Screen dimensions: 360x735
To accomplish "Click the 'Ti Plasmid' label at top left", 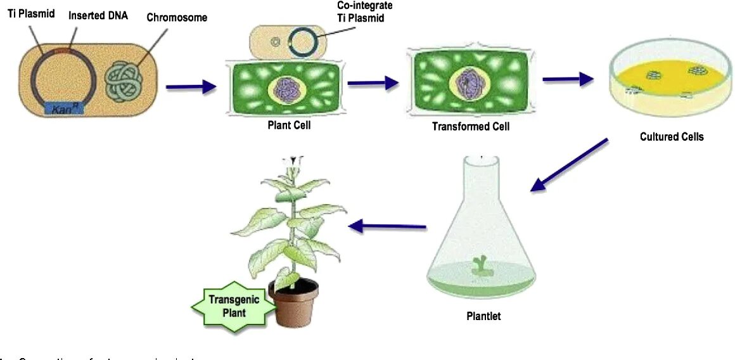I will [x=30, y=13].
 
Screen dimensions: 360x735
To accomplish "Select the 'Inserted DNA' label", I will [x=98, y=15].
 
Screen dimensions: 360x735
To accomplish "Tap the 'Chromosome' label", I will [x=177, y=17].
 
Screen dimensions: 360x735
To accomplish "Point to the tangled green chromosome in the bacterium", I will [x=126, y=81].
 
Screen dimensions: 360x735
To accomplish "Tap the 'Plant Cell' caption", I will [x=289, y=125].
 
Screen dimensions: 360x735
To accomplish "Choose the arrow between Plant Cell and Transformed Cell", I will [x=373, y=82].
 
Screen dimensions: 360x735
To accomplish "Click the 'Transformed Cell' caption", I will [x=470, y=126].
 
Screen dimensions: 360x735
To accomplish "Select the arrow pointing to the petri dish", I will [x=568, y=79].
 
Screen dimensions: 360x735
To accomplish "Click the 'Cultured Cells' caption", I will [x=672, y=136].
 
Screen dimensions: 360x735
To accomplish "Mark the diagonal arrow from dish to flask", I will [x=569, y=164].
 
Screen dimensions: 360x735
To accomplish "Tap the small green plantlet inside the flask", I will [x=482, y=266].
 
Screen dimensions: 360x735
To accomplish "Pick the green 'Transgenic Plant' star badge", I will [x=234, y=306].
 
